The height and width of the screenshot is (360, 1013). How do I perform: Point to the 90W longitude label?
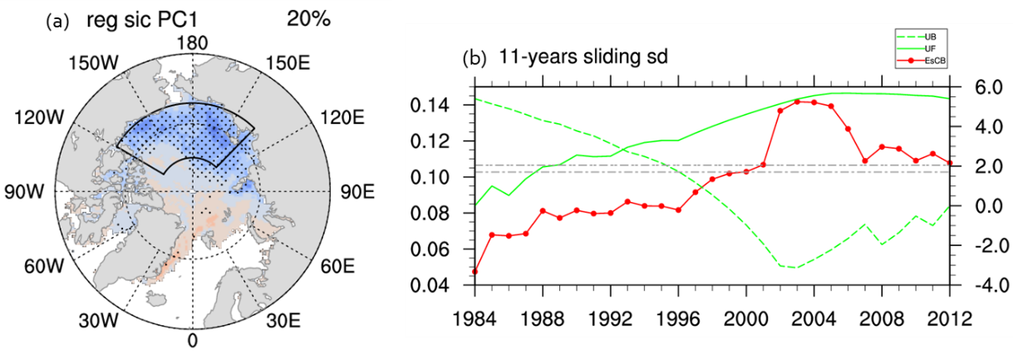33,192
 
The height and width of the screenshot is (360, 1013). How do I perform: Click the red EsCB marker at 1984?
475,271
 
